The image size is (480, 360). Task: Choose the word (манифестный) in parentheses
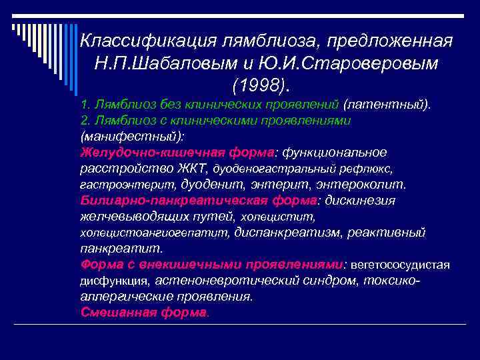(130, 137)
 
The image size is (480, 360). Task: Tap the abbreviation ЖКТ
(194, 168)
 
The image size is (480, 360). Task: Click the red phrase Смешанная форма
(143, 313)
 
